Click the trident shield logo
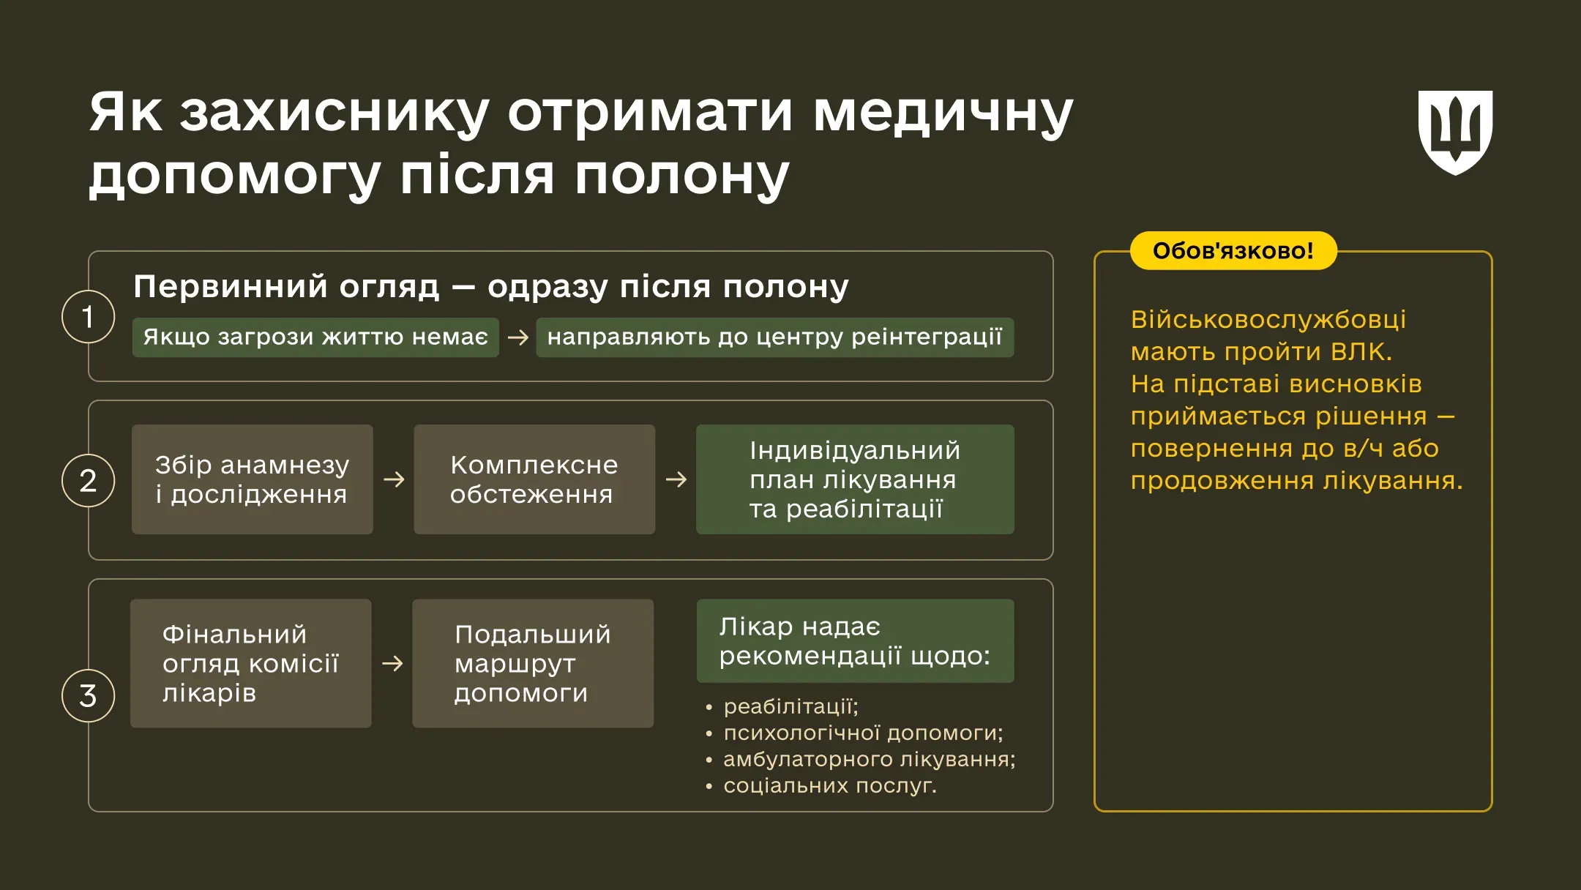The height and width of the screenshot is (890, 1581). point(1455,132)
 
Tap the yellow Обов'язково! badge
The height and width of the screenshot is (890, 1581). point(1233,251)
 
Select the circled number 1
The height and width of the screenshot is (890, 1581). point(88,317)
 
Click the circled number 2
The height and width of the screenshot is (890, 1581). point(88,481)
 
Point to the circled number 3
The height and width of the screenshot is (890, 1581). point(88,695)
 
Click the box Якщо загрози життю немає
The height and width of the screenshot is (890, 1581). point(315,337)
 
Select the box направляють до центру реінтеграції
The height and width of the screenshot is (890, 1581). point(774,337)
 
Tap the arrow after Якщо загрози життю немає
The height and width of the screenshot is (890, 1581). point(517,337)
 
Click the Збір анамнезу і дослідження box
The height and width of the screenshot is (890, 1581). point(253,479)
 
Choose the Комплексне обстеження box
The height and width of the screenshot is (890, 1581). point(534,479)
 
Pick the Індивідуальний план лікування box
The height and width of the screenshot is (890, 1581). point(855,479)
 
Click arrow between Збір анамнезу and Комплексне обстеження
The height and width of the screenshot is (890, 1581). point(394,479)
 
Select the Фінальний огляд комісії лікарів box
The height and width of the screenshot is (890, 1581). point(251,663)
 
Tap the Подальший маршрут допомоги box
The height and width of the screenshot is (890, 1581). point(533,663)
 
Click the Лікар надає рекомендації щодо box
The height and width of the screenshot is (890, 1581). point(855,641)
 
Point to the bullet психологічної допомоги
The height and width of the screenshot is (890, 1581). point(862,733)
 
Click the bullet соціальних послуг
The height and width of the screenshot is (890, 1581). point(829,785)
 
